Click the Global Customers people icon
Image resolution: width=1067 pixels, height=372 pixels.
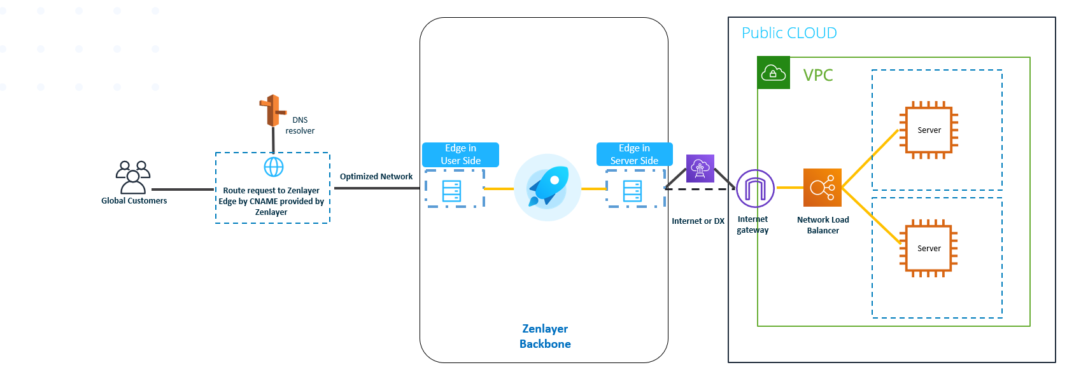(133, 177)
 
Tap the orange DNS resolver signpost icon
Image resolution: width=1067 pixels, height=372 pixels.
(272, 111)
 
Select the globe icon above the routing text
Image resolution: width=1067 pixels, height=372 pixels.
(274, 167)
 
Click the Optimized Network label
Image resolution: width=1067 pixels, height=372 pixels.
(376, 177)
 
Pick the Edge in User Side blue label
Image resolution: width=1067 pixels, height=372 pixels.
(460, 155)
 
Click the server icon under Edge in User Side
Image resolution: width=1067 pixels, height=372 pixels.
(451, 191)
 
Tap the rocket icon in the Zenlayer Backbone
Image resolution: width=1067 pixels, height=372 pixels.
(548, 188)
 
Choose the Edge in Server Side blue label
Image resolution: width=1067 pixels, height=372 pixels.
(634, 155)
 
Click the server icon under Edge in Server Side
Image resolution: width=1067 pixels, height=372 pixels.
(632, 191)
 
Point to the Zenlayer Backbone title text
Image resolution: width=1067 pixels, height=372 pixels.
(545, 336)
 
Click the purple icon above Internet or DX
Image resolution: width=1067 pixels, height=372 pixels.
(700, 169)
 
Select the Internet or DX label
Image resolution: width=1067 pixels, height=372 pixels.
(698, 221)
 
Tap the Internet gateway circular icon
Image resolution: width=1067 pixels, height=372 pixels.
(755, 188)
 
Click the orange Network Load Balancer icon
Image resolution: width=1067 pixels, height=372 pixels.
(823, 188)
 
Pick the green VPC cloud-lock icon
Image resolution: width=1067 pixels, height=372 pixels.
(774, 73)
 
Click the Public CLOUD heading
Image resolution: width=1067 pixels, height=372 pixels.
(789, 33)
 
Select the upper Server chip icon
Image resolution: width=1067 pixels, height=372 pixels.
(928, 130)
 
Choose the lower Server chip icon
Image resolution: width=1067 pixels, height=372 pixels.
(928, 249)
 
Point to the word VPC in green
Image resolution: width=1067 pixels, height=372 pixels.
(818, 75)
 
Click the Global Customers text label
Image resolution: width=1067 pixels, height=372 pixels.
(134, 201)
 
